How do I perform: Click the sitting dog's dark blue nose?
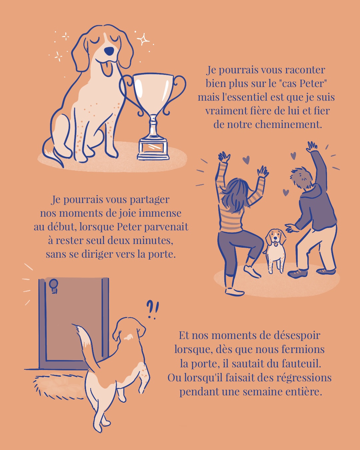109,51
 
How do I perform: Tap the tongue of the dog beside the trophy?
106,68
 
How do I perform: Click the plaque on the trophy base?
153,147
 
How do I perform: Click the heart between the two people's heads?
286,192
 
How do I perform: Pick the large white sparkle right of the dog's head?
143,39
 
